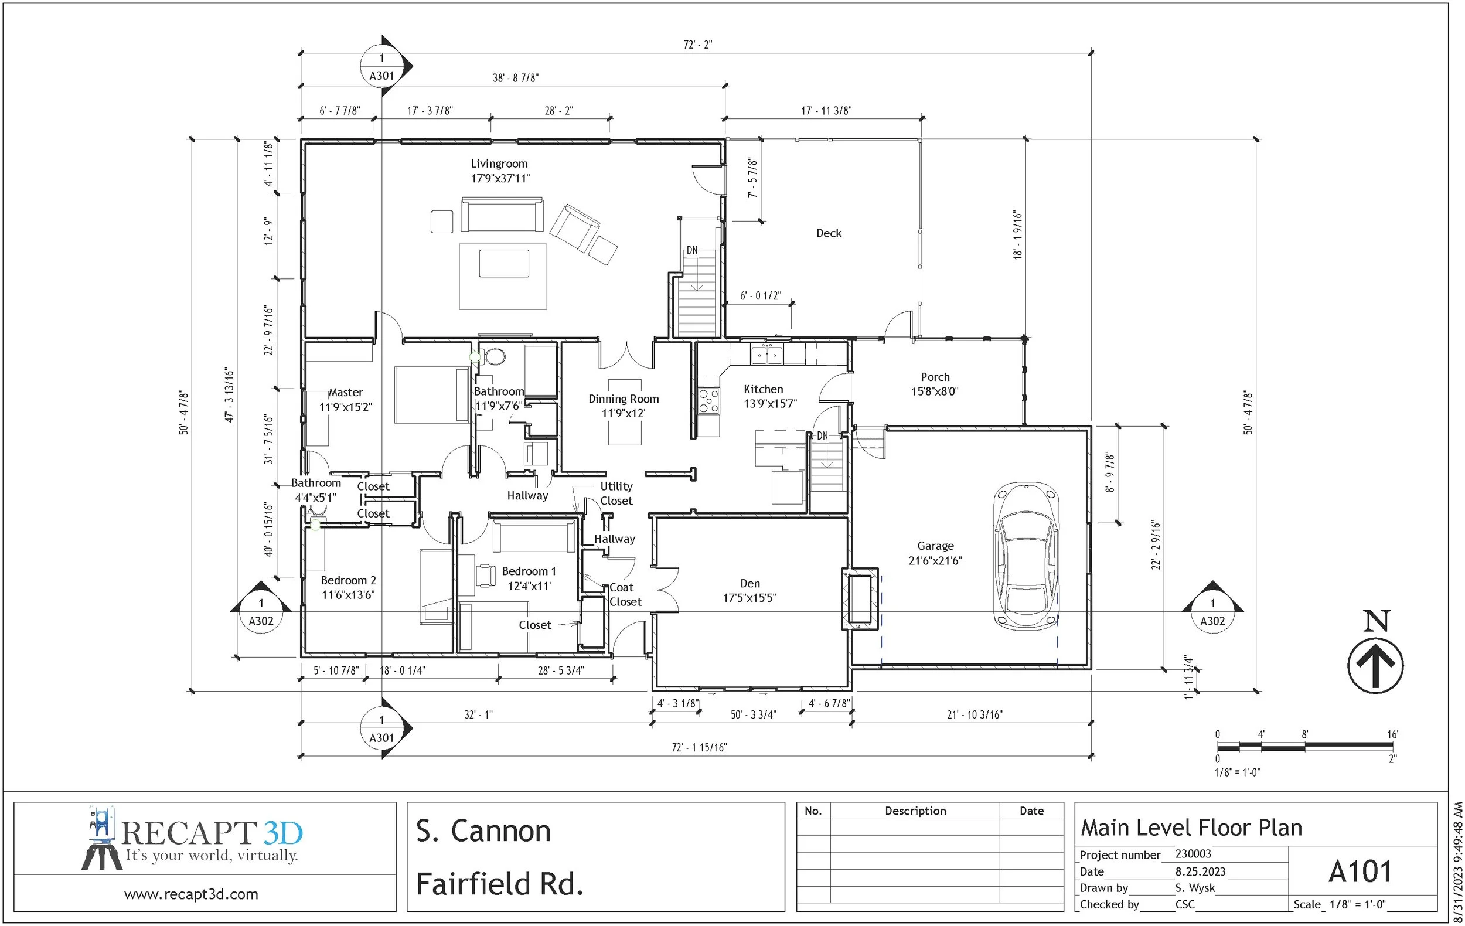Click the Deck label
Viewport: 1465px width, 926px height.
coord(829,233)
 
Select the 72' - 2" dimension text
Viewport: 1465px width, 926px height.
coord(698,45)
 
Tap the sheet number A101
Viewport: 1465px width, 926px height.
coord(1360,871)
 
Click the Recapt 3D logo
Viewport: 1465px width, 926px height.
coord(192,839)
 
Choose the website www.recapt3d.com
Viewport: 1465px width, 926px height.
coord(191,894)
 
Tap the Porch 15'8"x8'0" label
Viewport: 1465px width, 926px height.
coord(935,384)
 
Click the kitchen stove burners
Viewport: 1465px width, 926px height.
coord(708,401)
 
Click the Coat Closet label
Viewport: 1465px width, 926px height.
coord(625,594)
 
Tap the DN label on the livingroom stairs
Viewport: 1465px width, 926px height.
coord(692,250)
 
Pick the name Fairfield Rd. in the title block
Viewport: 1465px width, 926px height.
coord(499,883)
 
